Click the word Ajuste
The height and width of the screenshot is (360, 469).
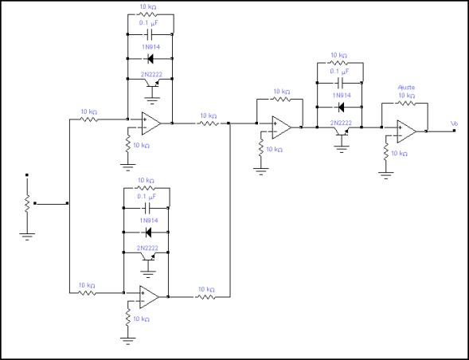click(406, 88)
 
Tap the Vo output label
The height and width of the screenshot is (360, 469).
click(454, 123)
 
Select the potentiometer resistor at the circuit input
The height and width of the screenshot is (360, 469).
click(27, 203)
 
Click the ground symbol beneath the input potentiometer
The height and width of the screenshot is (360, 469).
click(27, 237)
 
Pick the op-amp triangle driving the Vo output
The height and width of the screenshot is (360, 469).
click(406, 131)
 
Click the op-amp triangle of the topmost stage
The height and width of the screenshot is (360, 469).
click(151, 123)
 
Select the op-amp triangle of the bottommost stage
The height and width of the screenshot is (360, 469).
click(149, 297)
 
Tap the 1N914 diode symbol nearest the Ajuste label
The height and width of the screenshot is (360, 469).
click(340, 108)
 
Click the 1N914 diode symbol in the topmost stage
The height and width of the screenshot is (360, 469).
click(150, 59)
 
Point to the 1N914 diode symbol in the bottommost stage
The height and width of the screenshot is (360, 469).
click(148, 233)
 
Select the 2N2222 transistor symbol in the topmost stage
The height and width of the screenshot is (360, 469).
click(152, 84)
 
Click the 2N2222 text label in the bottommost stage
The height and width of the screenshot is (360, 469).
click(147, 248)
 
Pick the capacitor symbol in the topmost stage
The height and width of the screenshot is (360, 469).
click(150, 35)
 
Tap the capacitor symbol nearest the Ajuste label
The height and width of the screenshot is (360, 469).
click(340, 83)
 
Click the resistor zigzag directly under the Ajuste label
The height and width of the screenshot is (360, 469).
click(406, 104)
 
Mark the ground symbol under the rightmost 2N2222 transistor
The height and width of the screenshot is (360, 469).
click(342, 148)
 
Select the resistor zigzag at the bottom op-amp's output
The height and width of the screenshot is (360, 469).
click(205, 297)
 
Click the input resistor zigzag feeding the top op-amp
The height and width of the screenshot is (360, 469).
click(89, 119)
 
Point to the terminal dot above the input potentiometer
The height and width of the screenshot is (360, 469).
click(27, 174)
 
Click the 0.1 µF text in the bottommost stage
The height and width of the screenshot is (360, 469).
click(147, 196)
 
